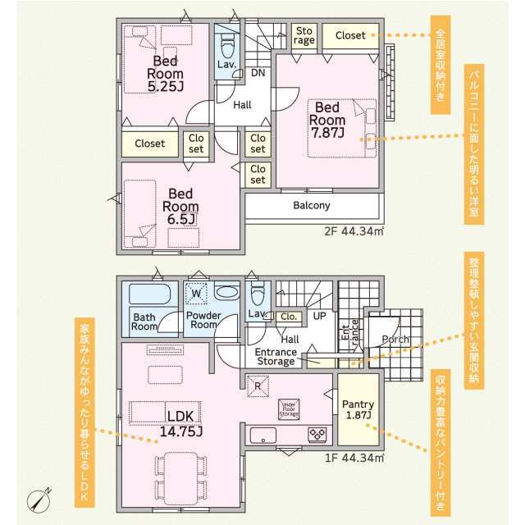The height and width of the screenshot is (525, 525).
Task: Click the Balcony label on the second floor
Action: point(312,206)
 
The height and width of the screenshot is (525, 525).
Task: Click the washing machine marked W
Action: point(197,293)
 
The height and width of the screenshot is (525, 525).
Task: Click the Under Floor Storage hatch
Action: point(289,409)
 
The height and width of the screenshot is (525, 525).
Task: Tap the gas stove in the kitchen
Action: point(317,433)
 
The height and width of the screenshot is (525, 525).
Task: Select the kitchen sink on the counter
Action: point(265,434)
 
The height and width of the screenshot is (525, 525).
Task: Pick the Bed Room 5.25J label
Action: point(164,74)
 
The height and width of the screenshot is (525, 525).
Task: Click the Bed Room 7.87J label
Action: point(326,120)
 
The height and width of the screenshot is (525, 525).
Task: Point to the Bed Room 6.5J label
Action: point(180,206)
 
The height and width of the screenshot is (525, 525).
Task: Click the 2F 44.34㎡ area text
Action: point(354,232)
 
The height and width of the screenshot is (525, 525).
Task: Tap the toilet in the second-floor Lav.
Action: point(227,41)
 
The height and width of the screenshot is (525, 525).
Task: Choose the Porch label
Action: point(396,339)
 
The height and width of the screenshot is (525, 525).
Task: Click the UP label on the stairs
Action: point(319,316)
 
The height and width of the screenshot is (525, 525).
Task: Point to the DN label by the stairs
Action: point(258,73)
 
